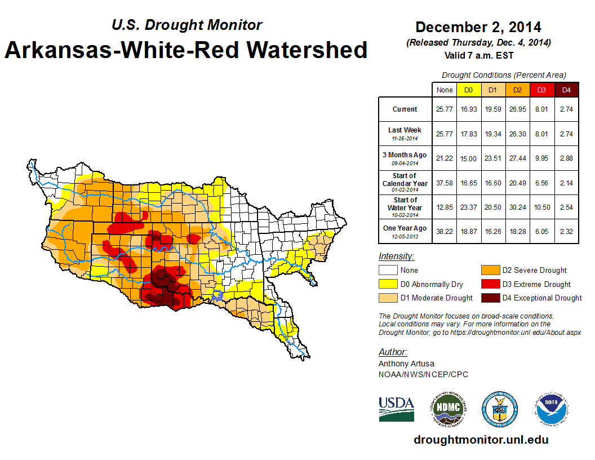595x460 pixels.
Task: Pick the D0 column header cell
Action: [468, 90]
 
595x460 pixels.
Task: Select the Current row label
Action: [405, 109]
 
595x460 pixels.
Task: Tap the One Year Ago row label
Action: [405, 232]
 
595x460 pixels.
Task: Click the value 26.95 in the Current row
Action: [517, 109]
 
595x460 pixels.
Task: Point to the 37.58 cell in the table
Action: [445, 183]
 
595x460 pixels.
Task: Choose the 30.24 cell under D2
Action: [517, 207]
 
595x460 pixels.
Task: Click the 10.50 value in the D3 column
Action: [541, 207]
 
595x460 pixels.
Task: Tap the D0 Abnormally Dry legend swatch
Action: [387, 284]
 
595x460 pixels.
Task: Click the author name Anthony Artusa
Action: [405, 364]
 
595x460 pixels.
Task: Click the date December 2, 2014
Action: [478, 27]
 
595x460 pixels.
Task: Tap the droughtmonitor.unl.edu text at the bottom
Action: [481, 440]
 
